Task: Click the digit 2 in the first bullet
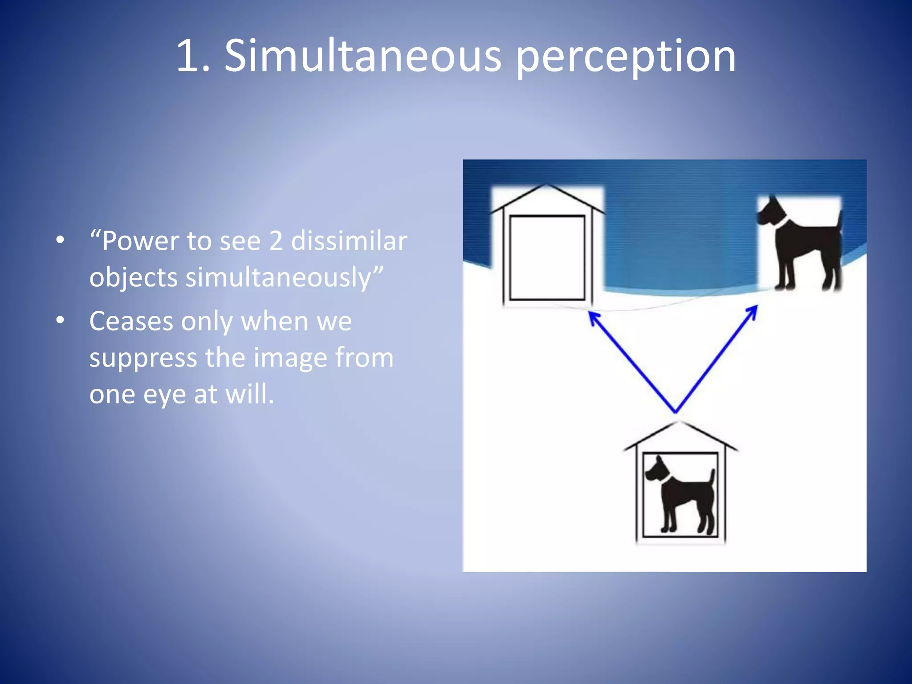coord(276,241)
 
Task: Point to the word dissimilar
coord(349,241)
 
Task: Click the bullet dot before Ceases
coord(60,320)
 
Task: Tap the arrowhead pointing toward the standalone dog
coord(753,309)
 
